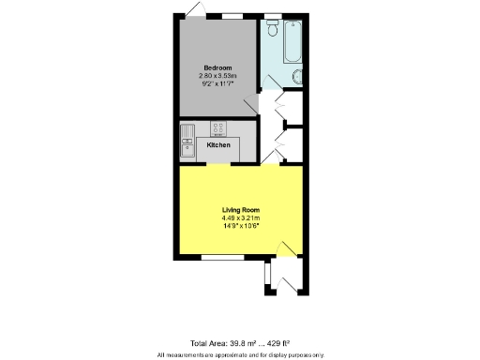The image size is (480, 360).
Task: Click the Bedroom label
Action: [x=217, y=67]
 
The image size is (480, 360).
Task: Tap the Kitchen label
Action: [x=217, y=145]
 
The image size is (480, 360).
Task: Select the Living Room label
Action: [x=240, y=209]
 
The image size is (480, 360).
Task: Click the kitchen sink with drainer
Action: [x=187, y=142]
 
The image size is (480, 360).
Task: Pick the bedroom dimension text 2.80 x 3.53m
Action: [x=217, y=76]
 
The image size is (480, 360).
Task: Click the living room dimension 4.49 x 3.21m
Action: [x=240, y=217]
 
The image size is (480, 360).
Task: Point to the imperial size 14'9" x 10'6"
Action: [x=240, y=226]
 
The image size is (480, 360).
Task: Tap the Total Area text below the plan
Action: [x=240, y=344]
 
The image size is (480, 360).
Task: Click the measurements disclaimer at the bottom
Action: [x=240, y=354]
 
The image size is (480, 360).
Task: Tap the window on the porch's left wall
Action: [x=268, y=274]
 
